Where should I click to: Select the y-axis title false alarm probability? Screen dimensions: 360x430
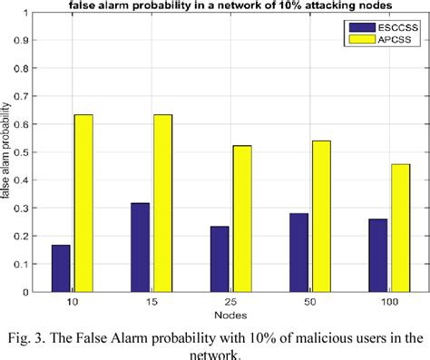point(7,154)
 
